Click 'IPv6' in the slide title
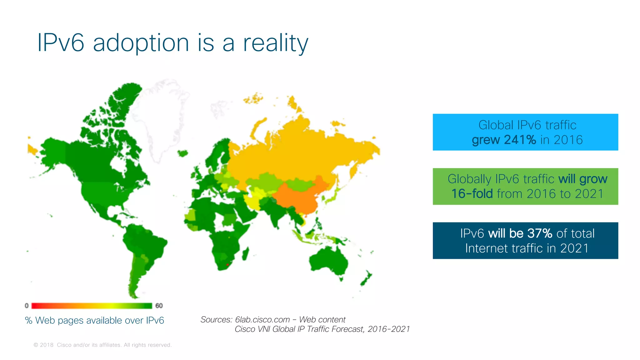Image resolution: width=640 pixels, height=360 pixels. coord(60,42)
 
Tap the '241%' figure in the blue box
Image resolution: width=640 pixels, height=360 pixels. coord(520,140)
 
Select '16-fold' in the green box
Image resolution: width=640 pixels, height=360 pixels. coord(472,194)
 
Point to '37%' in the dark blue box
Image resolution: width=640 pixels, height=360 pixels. coord(540,233)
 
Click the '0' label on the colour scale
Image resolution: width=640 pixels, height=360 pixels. coord(27,306)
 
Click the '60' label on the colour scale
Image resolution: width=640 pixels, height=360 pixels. coord(159,306)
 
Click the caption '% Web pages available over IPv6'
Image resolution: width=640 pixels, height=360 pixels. coord(94,320)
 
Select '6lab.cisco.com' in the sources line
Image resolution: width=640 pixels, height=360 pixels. coord(262,319)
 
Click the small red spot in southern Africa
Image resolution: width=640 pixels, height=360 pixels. coord(227,265)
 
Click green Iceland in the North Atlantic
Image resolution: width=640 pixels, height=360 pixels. coord(183,153)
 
